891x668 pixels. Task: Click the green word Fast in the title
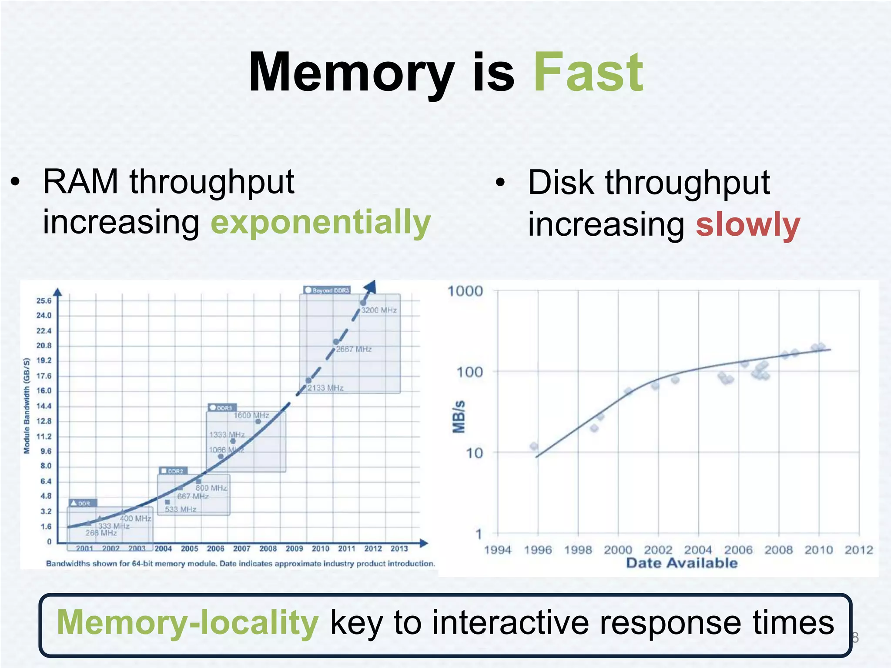588,73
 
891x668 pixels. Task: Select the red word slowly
748,225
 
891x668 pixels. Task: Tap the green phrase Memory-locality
188,623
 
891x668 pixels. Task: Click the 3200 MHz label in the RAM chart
379,310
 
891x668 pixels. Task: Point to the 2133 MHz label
325,388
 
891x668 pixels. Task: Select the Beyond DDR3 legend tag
327,290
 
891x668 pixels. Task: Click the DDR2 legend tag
173,471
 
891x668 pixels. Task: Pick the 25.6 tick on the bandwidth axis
44,301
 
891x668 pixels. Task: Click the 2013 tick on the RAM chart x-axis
399,549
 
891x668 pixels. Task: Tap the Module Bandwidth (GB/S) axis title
27,406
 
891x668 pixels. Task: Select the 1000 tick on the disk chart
465,291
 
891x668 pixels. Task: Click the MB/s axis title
459,417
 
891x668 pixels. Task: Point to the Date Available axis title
682,563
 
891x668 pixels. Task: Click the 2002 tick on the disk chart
658,550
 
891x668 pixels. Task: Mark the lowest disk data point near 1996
534,446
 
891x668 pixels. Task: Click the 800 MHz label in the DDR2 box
211,488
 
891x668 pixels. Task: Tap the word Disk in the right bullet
560,183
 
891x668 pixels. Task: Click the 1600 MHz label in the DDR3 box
251,415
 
